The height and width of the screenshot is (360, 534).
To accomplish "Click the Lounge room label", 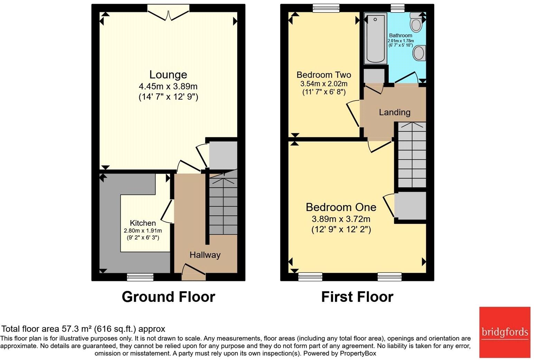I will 168,75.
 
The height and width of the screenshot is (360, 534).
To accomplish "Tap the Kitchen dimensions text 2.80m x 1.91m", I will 143,231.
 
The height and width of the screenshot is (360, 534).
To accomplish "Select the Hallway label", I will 205,255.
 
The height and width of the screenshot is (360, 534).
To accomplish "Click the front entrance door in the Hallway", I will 194,272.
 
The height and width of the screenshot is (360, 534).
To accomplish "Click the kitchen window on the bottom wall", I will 140,277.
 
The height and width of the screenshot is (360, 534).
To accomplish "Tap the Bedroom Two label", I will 324,75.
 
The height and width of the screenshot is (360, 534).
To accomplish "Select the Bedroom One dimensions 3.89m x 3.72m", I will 341,219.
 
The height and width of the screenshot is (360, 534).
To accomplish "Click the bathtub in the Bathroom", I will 375,38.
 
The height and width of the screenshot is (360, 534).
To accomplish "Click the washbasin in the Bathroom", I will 419,53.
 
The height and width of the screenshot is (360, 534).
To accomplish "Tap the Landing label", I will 394,112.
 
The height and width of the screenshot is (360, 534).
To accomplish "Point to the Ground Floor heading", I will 168,297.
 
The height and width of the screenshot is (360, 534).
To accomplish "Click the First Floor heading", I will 357,297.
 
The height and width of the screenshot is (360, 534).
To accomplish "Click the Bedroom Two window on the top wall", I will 326,8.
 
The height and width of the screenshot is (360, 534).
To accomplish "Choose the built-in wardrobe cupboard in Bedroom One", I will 410,206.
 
